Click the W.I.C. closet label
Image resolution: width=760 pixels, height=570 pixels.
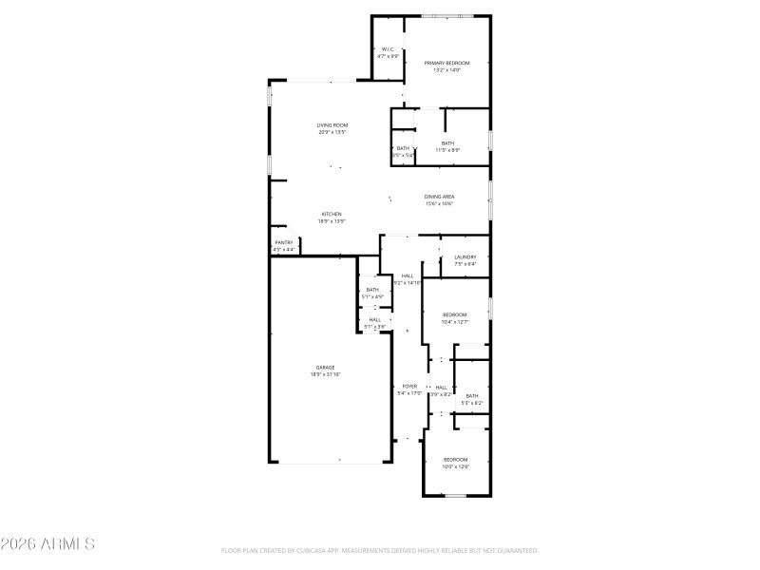(388, 49)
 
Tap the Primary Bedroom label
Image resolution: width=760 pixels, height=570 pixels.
(446, 63)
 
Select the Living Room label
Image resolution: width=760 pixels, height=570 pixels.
(332, 125)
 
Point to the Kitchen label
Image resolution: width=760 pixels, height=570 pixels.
(332, 214)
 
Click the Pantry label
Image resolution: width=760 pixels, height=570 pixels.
(284, 242)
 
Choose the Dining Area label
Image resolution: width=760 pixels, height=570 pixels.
(439, 197)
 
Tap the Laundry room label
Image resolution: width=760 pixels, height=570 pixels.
(465, 256)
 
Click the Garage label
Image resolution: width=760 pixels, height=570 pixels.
(325, 367)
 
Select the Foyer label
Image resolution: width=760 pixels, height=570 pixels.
(409, 386)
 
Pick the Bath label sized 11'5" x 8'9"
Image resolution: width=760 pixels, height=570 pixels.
(447, 142)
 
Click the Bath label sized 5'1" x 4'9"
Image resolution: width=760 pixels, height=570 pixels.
(372, 290)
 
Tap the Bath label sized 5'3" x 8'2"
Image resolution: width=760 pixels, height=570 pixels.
(472, 396)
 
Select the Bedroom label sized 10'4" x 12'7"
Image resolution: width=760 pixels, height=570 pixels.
(455, 314)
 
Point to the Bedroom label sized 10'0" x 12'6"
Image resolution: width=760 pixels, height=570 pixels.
(455, 460)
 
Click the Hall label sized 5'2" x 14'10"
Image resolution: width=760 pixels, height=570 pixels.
(407, 275)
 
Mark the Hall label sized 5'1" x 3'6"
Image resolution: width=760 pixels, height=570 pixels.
(374, 319)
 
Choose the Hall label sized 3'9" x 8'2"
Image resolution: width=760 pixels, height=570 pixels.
(441, 388)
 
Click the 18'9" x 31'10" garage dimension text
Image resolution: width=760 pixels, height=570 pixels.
(325, 374)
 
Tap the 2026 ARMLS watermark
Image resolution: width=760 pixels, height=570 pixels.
(47, 544)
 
